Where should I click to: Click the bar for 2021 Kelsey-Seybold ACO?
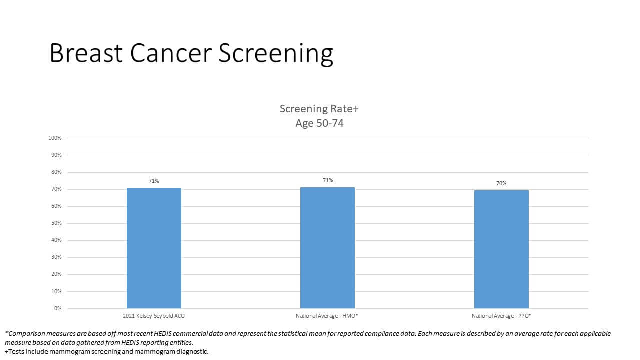(x=154, y=248)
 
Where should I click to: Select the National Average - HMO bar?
(x=327, y=248)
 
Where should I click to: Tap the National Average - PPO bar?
(x=501, y=249)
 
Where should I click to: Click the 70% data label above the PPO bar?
(x=501, y=184)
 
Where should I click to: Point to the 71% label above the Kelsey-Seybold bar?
(x=154, y=181)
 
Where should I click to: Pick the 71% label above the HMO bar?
(x=328, y=180)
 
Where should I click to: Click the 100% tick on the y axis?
(x=55, y=138)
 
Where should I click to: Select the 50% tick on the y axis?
(x=56, y=223)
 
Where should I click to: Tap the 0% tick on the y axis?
(x=58, y=308)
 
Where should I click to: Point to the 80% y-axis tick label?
(x=56, y=172)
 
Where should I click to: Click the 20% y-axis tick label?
(x=56, y=274)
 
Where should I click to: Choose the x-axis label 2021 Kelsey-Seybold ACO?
(x=154, y=316)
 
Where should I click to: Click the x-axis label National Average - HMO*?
(x=327, y=316)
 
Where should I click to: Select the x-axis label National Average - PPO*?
(x=501, y=316)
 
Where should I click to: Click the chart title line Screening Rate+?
(x=319, y=109)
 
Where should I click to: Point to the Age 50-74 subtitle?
(x=319, y=123)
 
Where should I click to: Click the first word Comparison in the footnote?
(x=28, y=333)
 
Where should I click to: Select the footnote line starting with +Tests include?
(x=106, y=351)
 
